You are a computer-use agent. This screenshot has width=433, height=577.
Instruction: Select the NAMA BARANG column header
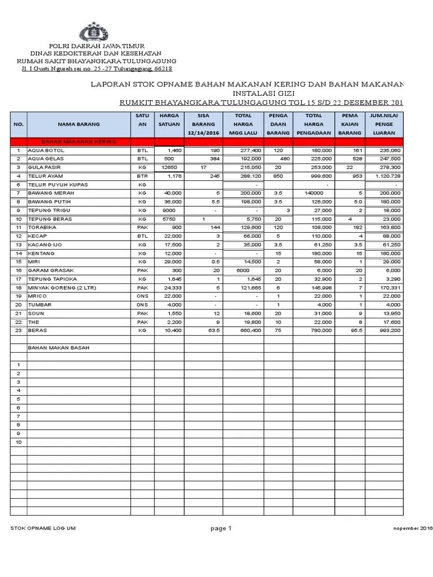click(x=78, y=124)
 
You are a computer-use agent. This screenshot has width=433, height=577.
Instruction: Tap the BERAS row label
click(x=37, y=330)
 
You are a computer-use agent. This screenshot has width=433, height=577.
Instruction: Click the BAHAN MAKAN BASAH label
click(x=58, y=348)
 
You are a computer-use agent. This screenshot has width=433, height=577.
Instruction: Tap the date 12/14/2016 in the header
click(x=204, y=133)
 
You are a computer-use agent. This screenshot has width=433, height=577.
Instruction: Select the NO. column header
click(x=19, y=124)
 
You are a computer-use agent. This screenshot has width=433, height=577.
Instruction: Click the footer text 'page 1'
click(x=222, y=528)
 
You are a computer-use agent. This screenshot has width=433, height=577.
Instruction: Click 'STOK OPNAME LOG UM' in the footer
click(x=43, y=529)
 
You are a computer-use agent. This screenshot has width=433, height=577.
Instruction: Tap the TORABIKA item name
click(x=42, y=227)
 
